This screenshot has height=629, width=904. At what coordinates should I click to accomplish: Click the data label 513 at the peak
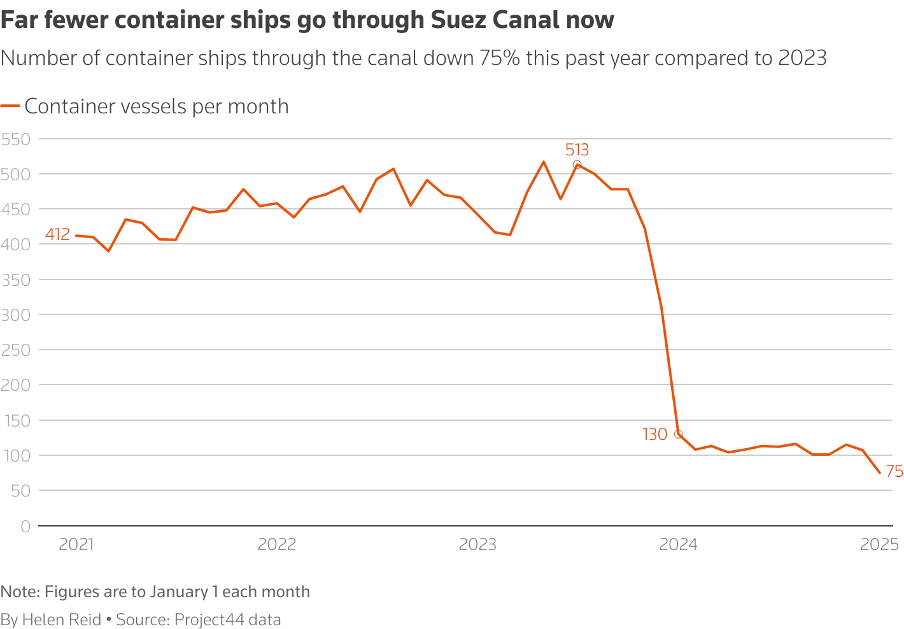pos(577,150)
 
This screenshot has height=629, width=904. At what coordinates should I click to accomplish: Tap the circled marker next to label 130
pos(678,434)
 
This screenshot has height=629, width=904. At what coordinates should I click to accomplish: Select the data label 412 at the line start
pos(57,235)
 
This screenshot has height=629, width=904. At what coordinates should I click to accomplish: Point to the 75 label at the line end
pos(894,472)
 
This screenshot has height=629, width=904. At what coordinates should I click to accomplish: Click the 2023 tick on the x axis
pos(477,545)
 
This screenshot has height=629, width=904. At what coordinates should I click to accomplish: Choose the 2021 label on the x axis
pos(76,545)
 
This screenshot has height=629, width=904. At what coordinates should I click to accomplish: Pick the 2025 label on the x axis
pos(879,545)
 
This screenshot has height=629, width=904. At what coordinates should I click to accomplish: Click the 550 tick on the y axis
pos(16,139)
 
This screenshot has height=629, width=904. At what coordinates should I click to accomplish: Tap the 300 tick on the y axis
pos(16,315)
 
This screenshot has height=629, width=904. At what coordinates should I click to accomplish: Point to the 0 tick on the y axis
pos(25,527)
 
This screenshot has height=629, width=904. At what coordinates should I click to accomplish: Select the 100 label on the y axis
pos(16,456)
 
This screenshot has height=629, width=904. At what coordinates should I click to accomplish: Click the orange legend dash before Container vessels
pos(10,107)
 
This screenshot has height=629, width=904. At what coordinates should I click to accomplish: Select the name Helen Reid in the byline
pos(62,620)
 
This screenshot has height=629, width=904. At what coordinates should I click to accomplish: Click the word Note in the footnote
pos(19,592)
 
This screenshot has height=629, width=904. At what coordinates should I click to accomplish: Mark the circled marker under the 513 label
pos(577,165)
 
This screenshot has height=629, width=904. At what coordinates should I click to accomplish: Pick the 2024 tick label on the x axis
pos(678,545)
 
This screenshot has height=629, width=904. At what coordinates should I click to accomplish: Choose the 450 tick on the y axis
pos(16,209)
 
